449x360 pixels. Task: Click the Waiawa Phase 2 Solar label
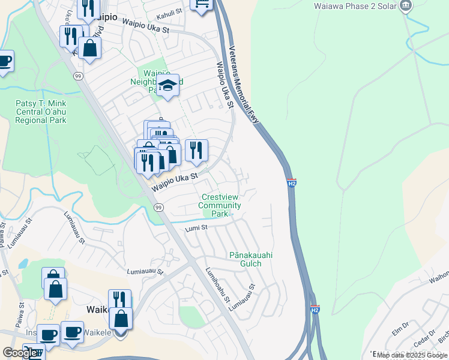click(354, 6)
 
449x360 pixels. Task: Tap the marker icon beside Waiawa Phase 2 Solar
click(406, 5)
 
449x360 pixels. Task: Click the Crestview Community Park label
click(221, 205)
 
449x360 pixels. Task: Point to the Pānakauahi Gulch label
click(251, 259)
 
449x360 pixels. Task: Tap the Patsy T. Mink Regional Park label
click(41, 112)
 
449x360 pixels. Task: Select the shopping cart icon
click(202, 4)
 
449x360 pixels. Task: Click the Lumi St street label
click(196, 228)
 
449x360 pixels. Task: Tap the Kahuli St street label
click(169, 12)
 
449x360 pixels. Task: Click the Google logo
click(20, 353)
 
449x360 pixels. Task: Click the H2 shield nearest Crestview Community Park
click(292, 182)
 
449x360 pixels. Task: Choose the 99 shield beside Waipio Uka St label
click(158, 207)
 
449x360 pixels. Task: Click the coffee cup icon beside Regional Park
click(4, 61)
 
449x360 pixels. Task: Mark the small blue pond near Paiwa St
click(23, 263)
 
